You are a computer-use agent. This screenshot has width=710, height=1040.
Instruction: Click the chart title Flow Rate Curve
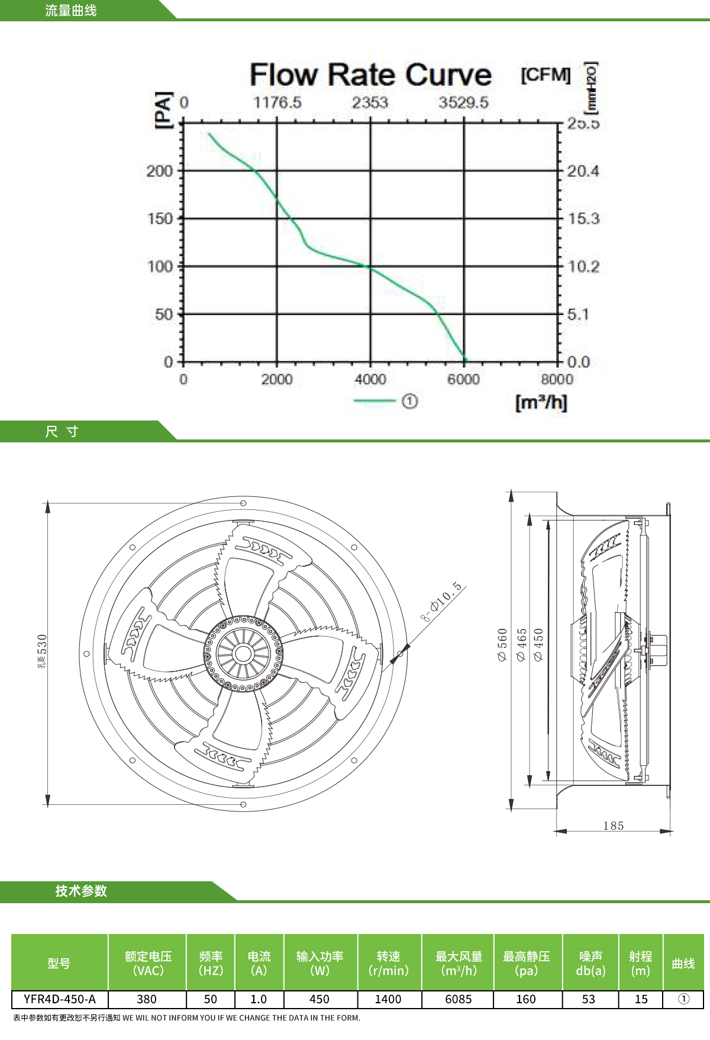click(x=370, y=75)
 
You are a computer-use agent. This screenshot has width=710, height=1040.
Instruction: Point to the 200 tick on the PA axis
click(x=160, y=171)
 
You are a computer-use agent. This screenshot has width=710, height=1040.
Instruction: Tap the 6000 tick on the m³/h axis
click(x=463, y=379)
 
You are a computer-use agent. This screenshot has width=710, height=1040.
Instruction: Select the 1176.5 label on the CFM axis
click(x=277, y=102)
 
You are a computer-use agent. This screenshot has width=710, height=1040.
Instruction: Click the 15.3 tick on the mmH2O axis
click(x=583, y=219)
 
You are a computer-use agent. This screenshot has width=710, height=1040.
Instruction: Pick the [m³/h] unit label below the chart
click(x=541, y=403)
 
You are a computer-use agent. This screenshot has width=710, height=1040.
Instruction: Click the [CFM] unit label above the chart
click(x=546, y=75)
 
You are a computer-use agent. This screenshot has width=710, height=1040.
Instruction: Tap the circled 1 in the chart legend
click(x=409, y=402)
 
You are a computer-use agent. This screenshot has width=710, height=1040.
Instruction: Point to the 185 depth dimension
click(x=614, y=826)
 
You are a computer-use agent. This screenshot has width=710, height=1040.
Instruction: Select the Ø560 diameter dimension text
click(x=502, y=645)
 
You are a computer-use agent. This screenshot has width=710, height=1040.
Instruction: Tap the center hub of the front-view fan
click(x=243, y=653)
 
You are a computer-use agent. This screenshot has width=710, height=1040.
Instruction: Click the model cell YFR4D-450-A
click(x=60, y=999)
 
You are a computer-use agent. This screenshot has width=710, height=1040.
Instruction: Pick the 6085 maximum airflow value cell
click(x=459, y=999)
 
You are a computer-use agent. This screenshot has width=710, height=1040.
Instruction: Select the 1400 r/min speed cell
click(x=388, y=999)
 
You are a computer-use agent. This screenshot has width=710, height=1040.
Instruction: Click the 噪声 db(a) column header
click(x=590, y=963)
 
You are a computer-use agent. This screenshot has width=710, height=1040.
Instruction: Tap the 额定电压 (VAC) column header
click(x=148, y=963)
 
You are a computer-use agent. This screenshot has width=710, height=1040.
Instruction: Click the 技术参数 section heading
click(x=81, y=891)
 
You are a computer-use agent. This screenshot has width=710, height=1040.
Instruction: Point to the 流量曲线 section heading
click(x=71, y=11)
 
